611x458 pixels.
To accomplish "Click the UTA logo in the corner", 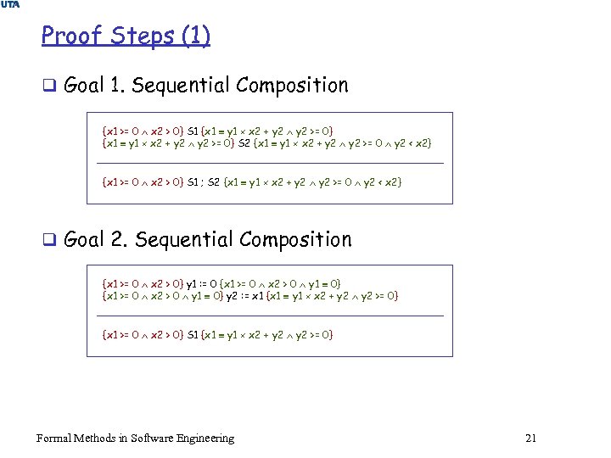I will [x=9, y=6].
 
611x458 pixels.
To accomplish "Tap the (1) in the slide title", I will [x=197, y=36].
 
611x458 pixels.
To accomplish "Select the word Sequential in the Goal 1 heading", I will [x=182, y=86].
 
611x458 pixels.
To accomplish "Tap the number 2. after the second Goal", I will [x=119, y=240].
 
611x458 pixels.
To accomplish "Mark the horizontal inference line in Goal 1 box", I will [x=272, y=163].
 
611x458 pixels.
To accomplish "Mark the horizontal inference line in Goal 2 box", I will [x=272, y=316].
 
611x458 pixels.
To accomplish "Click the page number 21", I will [x=531, y=438].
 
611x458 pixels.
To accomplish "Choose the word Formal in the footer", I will [x=53, y=438].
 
